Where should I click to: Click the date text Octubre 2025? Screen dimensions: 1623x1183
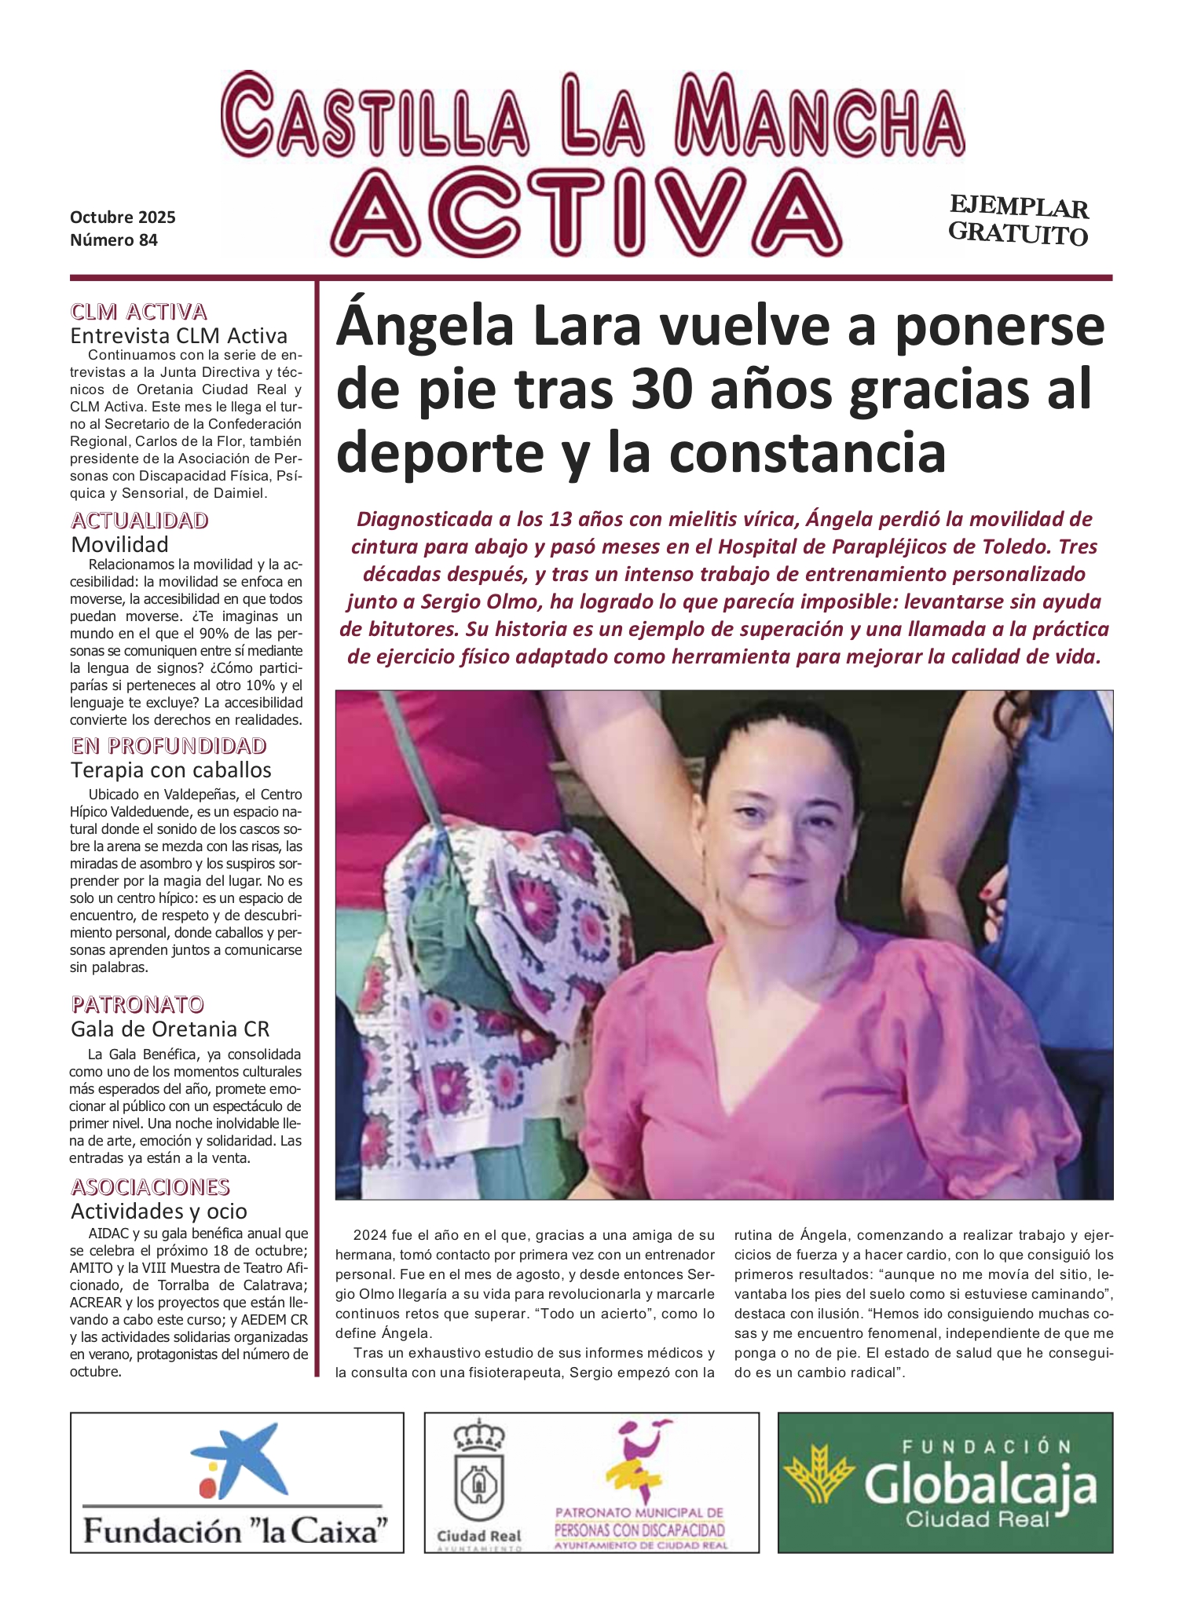tap(123, 217)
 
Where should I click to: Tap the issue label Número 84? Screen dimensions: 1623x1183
tap(114, 240)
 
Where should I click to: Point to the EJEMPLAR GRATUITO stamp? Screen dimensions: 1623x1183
tap(1018, 221)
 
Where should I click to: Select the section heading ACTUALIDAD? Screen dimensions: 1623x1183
tap(140, 521)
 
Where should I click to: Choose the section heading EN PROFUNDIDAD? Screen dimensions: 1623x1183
tap(169, 745)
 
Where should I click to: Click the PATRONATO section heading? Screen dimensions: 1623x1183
tap(137, 1004)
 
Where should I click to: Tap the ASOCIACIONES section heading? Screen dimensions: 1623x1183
tap(150, 1186)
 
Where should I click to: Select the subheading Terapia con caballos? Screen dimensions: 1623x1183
tap(170, 769)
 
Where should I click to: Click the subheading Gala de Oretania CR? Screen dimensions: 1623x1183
tap(170, 1029)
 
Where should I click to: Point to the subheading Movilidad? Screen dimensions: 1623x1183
tap(119, 544)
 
